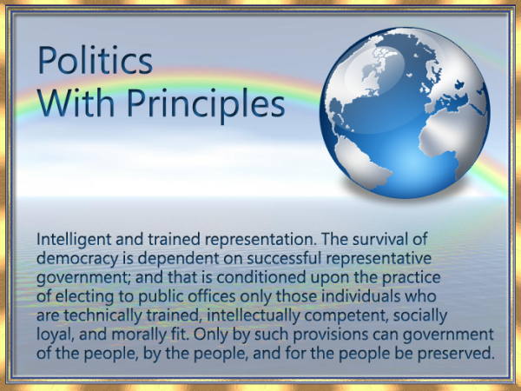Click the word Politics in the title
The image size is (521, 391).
96,61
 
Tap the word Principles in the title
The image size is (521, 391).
206,103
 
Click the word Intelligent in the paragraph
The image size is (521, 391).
74,240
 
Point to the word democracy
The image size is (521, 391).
77,259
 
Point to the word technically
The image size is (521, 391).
103,315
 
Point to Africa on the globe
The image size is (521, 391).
449,136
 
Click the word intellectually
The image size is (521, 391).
254,315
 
